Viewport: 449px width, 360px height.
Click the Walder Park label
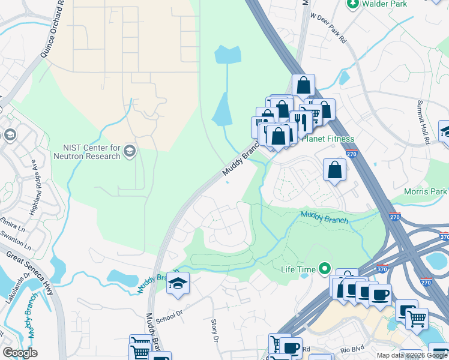click(x=386, y=4)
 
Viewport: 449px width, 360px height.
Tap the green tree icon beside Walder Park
click(x=354, y=4)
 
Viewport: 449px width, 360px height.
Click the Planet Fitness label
click(x=328, y=139)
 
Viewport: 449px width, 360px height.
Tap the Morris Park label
click(x=427, y=191)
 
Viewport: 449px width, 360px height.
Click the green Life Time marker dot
click(x=325, y=268)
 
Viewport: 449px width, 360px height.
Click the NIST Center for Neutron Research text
click(x=92, y=152)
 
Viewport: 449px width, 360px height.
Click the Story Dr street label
click(x=214, y=330)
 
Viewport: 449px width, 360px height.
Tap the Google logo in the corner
click(x=20, y=353)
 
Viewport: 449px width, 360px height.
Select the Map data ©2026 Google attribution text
click(x=412, y=355)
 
